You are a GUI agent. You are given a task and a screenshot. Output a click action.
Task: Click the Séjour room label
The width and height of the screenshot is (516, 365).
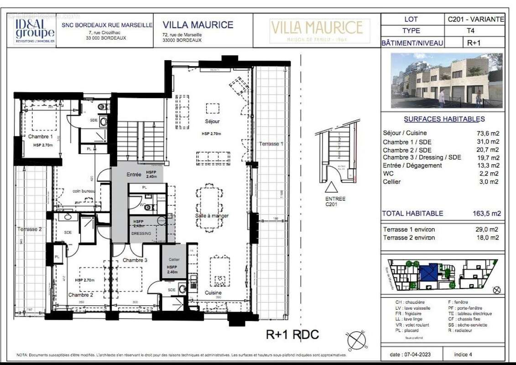coord(212,121)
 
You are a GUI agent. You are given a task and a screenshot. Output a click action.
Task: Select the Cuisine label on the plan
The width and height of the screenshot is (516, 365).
coord(213,292)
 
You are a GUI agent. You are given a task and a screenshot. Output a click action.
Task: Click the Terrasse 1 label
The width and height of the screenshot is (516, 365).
coord(271,144)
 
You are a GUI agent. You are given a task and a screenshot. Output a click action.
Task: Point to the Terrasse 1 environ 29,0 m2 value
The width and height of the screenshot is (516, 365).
coord(490,229)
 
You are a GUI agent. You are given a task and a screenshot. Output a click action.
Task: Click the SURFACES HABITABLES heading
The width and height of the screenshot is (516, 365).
coord(444,119)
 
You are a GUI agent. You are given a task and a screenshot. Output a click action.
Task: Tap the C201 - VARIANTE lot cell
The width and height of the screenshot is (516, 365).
coord(476,19)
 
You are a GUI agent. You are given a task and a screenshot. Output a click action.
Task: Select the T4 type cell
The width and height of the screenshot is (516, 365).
coord(476,31)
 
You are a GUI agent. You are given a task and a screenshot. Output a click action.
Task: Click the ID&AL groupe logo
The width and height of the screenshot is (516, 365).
coord(35,30)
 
